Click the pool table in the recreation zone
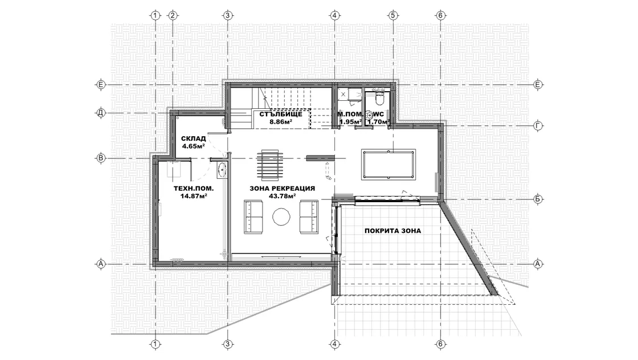pyautogui.click(x=388, y=164)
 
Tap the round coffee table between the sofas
pyautogui.click(x=281, y=216)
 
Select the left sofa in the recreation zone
pyautogui.click(x=253, y=217)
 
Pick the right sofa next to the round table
pyautogui.click(x=309, y=217)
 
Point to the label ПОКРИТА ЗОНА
pyautogui.click(x=392, y=231)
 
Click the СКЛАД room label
pyautogui.click(x=193, y=139)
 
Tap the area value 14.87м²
pyautogui.click(x=194, y=195)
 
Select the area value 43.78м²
pyautogui.click(x=283, y=195)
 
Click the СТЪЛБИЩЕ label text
pyautogui.click(x=281, y=114)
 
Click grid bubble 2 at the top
pyautogui.click(x=173, y=15)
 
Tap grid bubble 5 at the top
pyautogui.click(x=392, y=15)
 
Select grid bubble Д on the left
pyautogui.click(x=100, y=113)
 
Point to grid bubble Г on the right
pyautogui.click(x=538, y=126)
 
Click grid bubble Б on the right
pyautogui.click(x=538, y=199)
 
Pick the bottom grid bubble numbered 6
pyautogui.click(x=440, y=344)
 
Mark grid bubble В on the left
pyautogui.click(x=100, y=158)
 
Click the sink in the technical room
pyautogui.click(x=222, y=170)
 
